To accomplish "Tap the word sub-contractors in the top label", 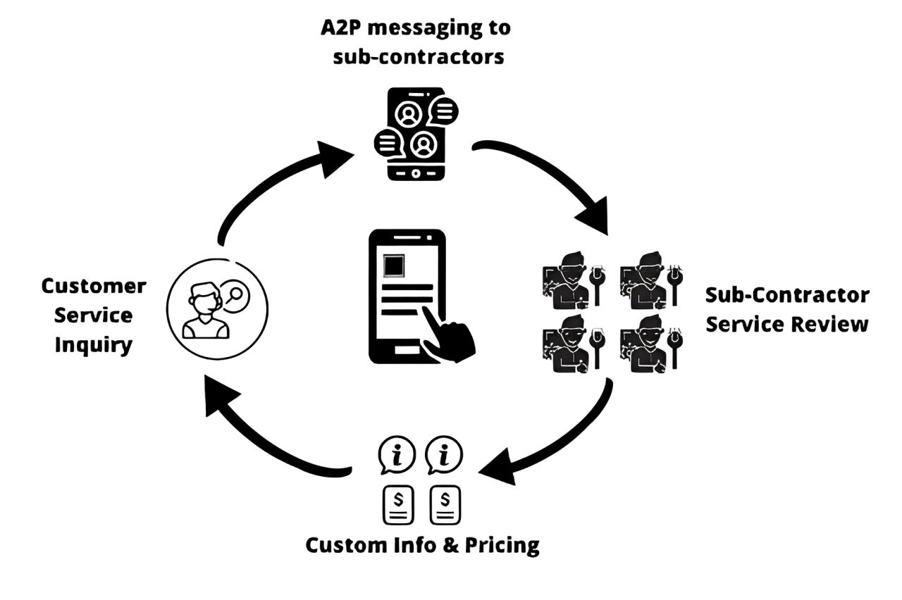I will coord(418,57).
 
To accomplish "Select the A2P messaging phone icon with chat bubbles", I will coord(416,134).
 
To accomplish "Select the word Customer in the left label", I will coord(94,286).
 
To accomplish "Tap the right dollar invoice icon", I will coord(445,504).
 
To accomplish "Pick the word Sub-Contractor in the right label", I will coord(788,295).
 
